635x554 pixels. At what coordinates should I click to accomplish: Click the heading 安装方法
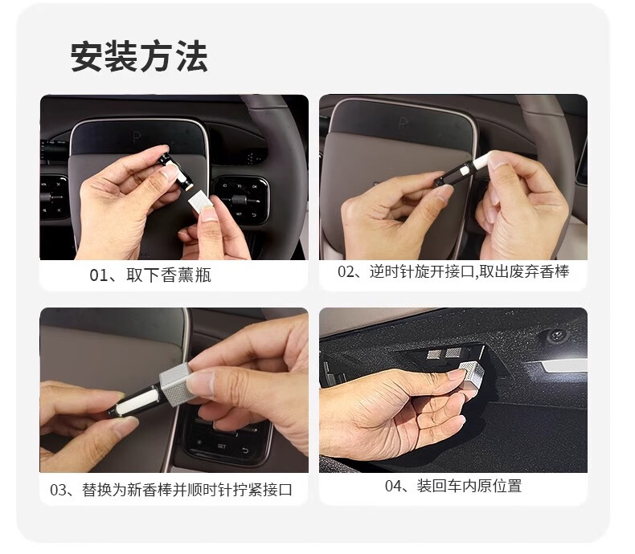tap(139, 57)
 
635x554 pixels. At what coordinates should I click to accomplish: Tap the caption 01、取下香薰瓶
tap(150, 275)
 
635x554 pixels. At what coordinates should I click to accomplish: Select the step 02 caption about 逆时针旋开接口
tap(453, 271)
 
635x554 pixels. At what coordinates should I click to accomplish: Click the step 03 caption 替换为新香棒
tap(171, 490)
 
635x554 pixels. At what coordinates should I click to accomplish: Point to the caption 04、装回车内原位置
tap(453, 486)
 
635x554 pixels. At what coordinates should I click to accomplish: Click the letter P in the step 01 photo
tap(137, 138)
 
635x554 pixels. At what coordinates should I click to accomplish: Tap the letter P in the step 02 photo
tap(403, 123)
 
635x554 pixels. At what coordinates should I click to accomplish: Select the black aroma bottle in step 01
tap(174, 167)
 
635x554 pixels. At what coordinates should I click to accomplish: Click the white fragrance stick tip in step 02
tap(481, 161)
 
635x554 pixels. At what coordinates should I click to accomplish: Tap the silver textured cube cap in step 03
tap(174, 384)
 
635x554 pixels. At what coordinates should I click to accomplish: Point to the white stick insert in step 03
tap(136, 401)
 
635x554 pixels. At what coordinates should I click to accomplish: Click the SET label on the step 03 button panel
tap(222, 446)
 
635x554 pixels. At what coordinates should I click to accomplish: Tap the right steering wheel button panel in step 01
tap(240, 198)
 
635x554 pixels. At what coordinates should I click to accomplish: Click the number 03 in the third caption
tap(57, 490)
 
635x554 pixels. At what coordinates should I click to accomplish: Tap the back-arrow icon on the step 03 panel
tap(245, 450)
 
